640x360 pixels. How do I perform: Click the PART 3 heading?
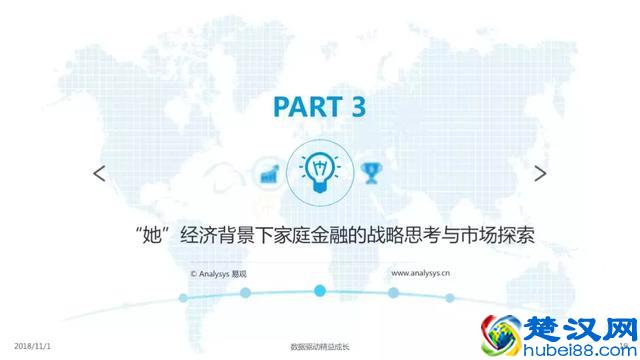319,107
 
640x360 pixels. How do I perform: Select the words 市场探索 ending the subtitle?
497,235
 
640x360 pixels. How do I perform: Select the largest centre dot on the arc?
320,291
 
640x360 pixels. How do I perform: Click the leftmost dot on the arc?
183,297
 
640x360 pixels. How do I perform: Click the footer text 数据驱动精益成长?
320,346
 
